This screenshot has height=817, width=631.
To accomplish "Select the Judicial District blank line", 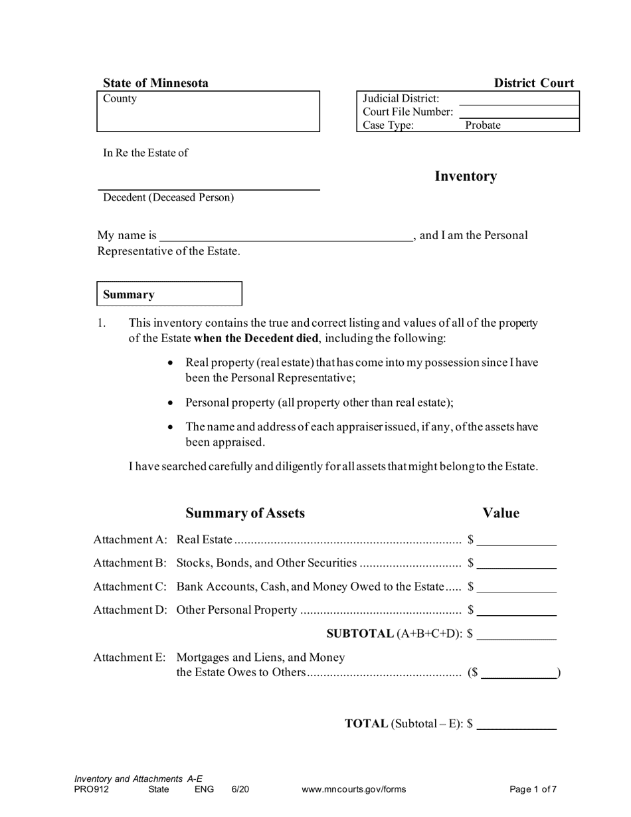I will (518, 99).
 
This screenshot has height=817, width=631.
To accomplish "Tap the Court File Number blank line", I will (518, 112).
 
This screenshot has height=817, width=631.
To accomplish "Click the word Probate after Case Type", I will (482, 126).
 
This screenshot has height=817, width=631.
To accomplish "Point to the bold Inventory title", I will (465, 176).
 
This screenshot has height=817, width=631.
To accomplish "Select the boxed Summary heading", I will (169, 294).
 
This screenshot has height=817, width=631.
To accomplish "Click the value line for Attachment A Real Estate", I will (516, 541).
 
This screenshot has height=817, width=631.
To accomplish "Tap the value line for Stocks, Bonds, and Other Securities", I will (516, 564).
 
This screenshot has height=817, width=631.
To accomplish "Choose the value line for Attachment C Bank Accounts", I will (516, 588).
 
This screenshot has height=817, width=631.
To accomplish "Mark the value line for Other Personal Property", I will (516, 611).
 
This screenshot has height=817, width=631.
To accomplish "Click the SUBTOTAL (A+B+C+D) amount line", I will (516, 635).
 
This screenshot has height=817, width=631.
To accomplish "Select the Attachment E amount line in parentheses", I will (518, 674).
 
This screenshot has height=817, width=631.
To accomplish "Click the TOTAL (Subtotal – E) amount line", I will (516, 725).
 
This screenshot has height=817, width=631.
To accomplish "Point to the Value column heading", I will (501, 513).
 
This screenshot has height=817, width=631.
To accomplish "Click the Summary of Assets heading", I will (245, 513).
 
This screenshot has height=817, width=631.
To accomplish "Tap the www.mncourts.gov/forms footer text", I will (353, 790).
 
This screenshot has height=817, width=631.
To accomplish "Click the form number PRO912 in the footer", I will (92, 790).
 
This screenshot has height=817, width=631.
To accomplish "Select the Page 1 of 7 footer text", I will (533, 790).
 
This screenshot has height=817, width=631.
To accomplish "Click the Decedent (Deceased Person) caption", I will (168, 198).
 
